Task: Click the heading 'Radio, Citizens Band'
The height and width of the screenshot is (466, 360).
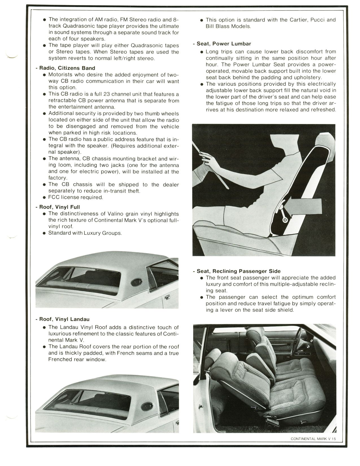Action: (67, 68)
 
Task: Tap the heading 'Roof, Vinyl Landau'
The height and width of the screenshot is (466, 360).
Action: (64, 319)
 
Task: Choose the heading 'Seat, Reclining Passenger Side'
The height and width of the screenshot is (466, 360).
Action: (239, 271)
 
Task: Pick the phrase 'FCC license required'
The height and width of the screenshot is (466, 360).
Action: (76, 197)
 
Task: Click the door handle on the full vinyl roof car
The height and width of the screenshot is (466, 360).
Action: (166, 297)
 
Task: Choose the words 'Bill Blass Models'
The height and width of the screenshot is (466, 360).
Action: (228, 26)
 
